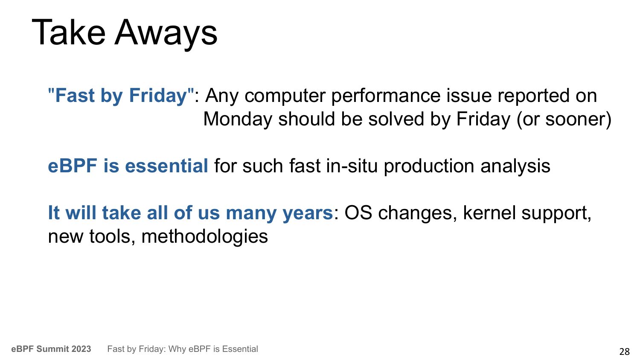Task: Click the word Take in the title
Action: click(x=69, y=32)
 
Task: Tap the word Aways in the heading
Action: click(x=166, y=34)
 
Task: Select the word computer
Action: click(x=285, y=96)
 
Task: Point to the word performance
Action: click(x=386, y=96)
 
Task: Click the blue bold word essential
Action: click(x=166, y=166)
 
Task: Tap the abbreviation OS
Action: click(x=358, y=213)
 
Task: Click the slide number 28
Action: click(x=624, y=351)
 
